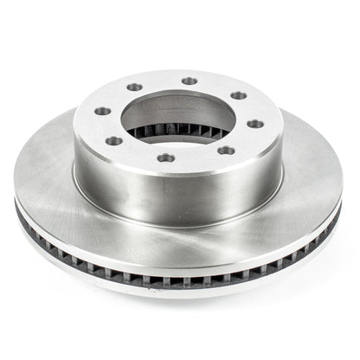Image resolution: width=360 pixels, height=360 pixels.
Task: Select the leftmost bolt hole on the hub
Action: pos(101,111)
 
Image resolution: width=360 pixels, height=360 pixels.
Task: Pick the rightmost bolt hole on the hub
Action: pos(256,124)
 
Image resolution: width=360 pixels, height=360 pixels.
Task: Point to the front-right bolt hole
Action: pos(228,151)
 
